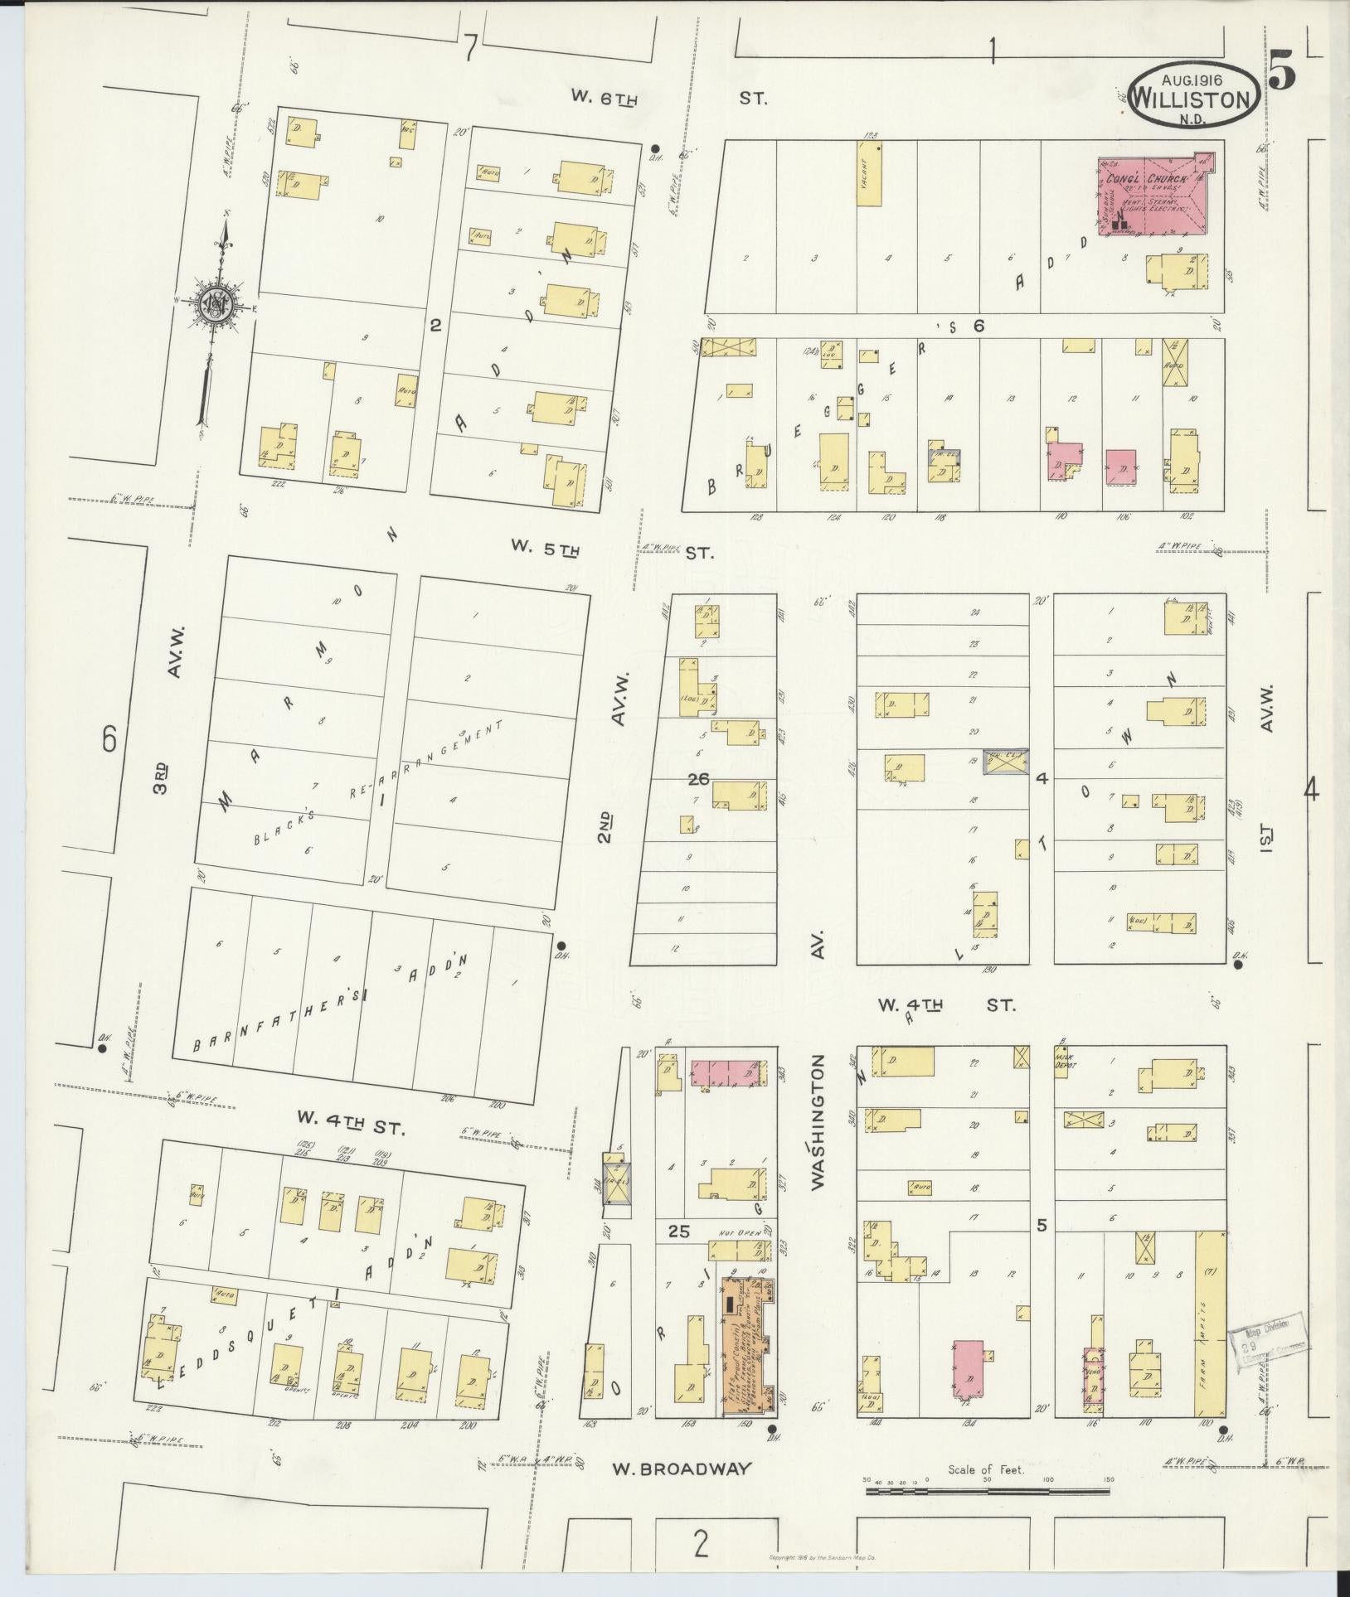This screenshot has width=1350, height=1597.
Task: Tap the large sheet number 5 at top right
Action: [x=1282, y=72]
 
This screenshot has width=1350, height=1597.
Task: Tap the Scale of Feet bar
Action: [x=987, y=1491]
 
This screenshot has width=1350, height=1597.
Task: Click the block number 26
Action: [x=698, y=778]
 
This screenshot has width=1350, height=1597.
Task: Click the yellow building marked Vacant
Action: [x=868, y=172]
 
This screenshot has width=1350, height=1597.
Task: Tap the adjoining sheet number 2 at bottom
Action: [x=702, y=1545]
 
